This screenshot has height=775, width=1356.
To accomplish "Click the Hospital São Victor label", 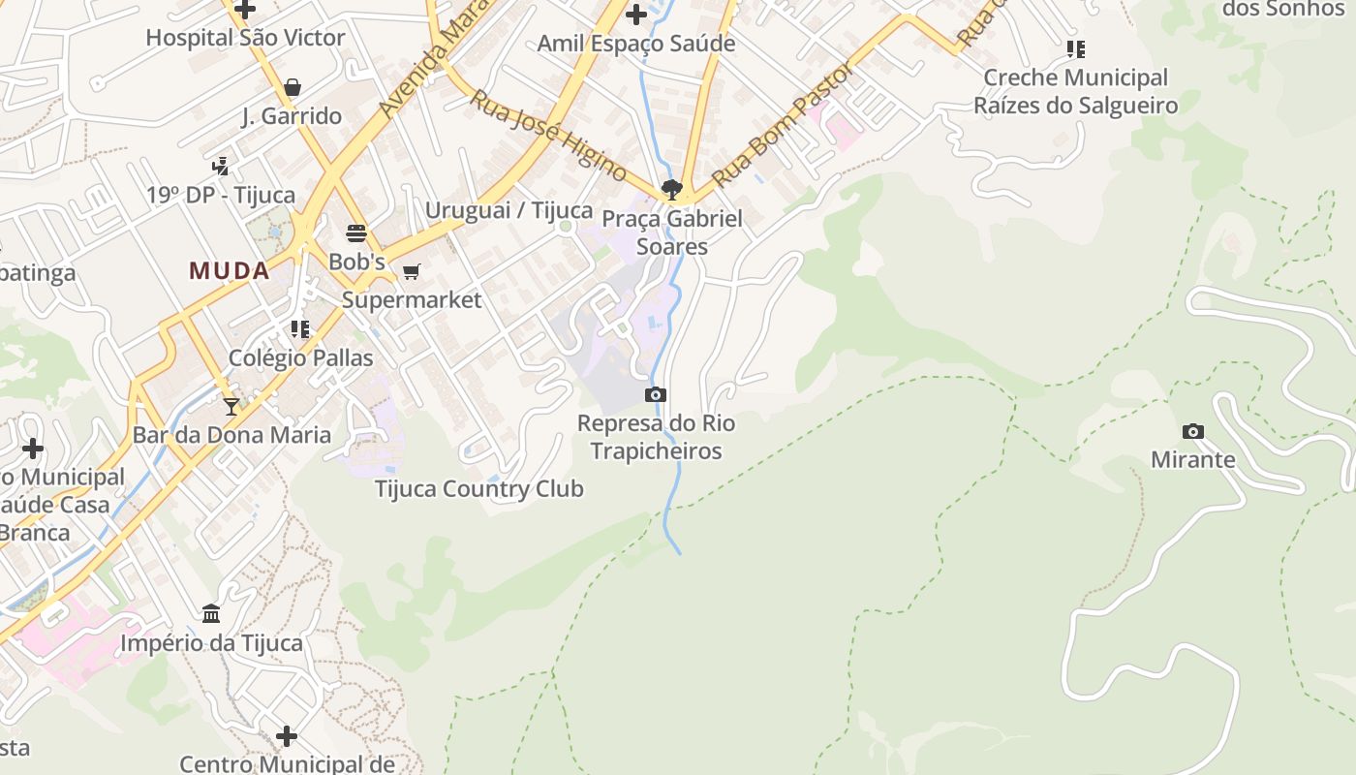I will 245,38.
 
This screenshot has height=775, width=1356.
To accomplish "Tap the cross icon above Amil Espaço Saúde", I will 636,15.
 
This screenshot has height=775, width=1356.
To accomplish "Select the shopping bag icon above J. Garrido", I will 293,87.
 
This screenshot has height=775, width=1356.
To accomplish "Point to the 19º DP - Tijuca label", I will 221,195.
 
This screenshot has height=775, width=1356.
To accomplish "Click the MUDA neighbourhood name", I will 230,270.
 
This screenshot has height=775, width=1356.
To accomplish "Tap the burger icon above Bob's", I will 356,233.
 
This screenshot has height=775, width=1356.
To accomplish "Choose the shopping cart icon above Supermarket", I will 412,271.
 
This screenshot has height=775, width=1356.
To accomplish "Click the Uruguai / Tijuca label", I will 508,210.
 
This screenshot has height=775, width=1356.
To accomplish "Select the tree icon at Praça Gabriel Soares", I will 671,189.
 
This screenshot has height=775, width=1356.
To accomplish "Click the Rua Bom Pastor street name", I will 785,124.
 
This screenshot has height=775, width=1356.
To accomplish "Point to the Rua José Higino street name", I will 548,135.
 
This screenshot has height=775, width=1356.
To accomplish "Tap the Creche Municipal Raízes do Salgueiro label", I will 1075,91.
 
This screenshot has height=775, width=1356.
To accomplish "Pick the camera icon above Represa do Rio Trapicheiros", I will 656,394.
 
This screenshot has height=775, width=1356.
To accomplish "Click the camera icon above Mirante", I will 1193,431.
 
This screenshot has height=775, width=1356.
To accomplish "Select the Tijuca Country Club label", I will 479,488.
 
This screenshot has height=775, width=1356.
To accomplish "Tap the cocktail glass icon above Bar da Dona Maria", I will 231,407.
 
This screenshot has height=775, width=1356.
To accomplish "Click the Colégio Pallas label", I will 300,357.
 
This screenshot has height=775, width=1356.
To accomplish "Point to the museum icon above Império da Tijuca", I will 211,613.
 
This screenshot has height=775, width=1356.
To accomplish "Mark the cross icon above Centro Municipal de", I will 287,736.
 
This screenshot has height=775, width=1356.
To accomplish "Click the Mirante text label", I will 1193,459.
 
